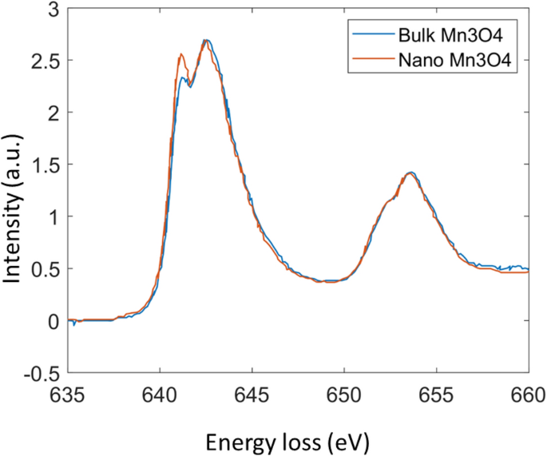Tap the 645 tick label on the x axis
click(x=252, y=393)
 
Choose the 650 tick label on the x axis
click(x=344, y=393)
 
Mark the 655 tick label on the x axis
click(x=436, y=393)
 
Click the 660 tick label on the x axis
click(x=527, y=393)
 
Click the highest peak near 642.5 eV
click(x=206, y=41)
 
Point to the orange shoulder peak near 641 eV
click(x=182, y=55)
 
